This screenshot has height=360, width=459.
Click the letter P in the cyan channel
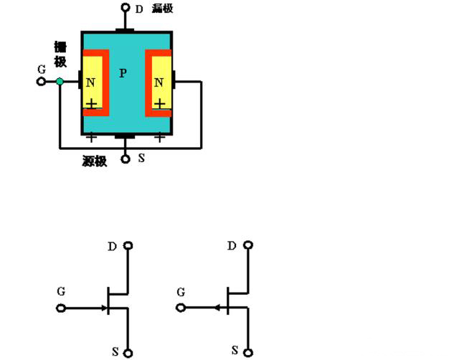tap(123, 73)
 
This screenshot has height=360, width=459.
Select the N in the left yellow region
tap(90, 82)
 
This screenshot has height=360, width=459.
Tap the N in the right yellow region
tap(158, 82)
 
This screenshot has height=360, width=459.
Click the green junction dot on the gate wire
tap(60, 82)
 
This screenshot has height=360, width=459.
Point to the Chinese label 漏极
tap(163, 9)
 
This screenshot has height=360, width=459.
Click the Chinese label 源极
tap(95, 161)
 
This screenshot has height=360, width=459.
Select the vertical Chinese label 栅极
tap(60, 55)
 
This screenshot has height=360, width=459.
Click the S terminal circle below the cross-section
tap(125, 158)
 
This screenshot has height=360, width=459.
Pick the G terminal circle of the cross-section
tap(41, 82)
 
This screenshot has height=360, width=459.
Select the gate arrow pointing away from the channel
tap(216, 308)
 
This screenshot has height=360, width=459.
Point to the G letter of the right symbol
tap(181, 293)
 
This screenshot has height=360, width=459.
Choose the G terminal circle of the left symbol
tap(61, 308)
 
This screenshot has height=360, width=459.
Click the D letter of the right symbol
tap(232, 246)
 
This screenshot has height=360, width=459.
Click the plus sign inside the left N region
tap(91, 105)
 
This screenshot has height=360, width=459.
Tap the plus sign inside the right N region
tap(159, 105)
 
